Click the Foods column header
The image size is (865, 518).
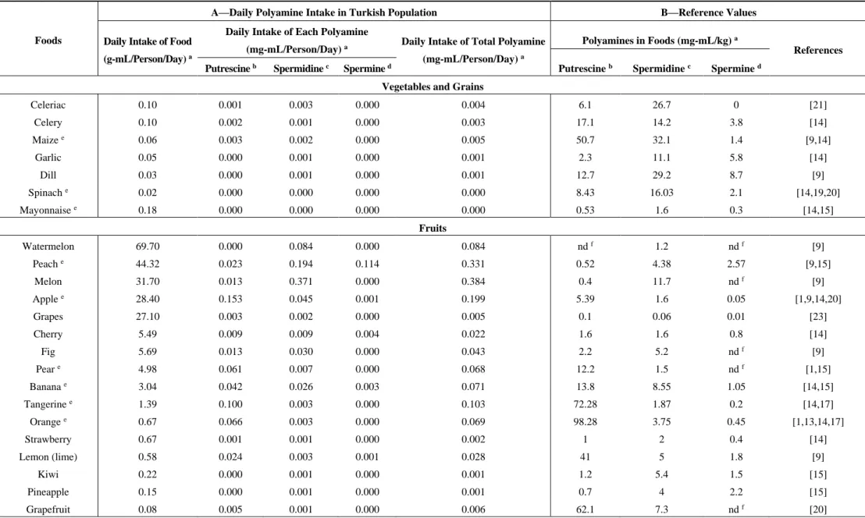point(48,41)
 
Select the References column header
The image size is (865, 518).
point(817,50)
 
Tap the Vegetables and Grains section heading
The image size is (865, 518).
point(432,87)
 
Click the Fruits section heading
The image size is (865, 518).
point(432,228)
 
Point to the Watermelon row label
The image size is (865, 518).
point(48,247)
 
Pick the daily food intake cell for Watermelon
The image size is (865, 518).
point(148,247)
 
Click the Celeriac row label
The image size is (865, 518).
point(48,105)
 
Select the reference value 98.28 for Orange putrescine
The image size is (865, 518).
point(585,421)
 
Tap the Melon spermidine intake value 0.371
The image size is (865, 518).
point(301,281)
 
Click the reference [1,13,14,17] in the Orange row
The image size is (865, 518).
point(817,421)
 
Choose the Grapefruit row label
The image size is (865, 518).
point(48,509)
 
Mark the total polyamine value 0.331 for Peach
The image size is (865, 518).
point(473,264)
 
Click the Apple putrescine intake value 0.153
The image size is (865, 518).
point(230,299)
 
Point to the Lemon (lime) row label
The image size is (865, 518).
point(48,457)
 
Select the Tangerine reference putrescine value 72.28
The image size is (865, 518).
point(585,404)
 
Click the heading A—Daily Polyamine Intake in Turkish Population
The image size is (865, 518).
point(324,12)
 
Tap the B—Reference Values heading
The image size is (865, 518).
point(708,12)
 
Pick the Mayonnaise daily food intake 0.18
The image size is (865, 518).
point(148,210)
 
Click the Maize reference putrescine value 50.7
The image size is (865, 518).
point(585,140)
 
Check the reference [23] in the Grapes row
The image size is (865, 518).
point(817,316)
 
